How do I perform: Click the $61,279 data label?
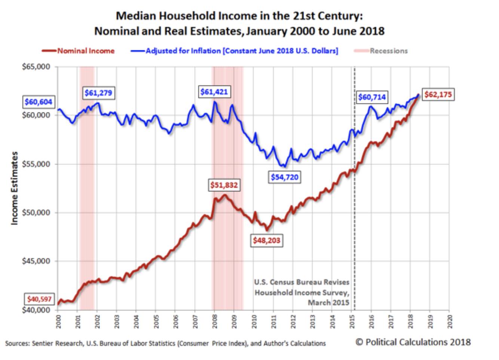(98, 93)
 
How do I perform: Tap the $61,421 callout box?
(214, 92)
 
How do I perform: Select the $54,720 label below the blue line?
(285, 177)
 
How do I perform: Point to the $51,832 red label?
(224, 185)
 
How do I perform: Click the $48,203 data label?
(266, 240)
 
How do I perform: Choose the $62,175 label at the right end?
(438, 95)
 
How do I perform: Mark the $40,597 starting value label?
(39, 299)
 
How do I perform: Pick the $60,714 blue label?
(372, 97)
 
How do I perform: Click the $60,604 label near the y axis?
(38, 102)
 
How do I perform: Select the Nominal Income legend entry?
(86, 51)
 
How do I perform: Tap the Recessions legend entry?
(389, 51)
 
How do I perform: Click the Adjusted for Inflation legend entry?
(242, 51)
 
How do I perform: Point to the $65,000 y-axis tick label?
(36, 67)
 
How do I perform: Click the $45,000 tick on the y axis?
(36, 261)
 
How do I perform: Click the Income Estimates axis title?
(14, 188)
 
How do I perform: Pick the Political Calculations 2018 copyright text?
(413, 342)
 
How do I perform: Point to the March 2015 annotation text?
(328, 302)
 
